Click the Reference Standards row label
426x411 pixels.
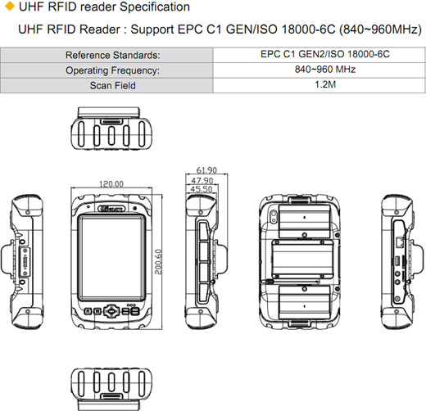tap(112, 56)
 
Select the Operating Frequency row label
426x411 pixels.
tap(111, 70)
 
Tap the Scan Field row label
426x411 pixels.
tap(112, 85)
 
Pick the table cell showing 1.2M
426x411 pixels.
tap(318, 85)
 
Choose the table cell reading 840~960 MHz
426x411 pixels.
tap(318, 70)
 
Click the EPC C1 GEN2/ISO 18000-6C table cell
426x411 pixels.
tap(318, 55)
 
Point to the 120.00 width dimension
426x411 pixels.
tap(111, 184)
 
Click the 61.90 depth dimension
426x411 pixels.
tap(206, 170)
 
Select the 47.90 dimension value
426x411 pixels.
tap(202, 180)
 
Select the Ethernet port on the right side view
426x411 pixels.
tap(398, 243)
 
